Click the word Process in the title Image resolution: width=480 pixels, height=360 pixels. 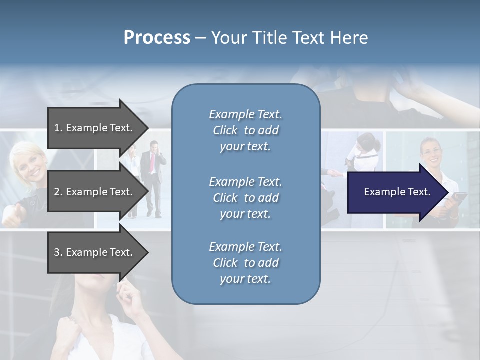tap(157, 38)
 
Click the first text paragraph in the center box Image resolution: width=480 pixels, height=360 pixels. tap(245, 130)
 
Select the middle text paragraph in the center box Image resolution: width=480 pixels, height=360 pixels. tap(245, 198)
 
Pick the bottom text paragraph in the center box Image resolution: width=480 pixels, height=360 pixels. tap(245, 263)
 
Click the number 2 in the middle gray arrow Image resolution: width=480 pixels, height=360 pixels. tap(57, 192)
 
